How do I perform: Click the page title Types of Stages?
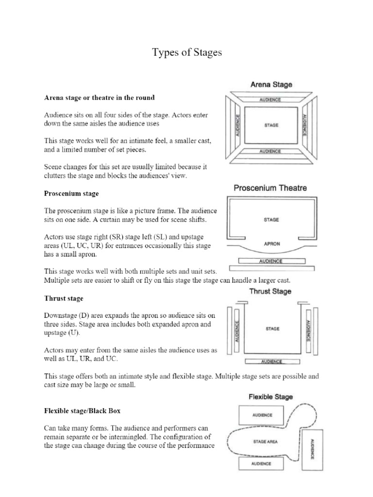186,53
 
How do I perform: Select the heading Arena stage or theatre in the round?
100,98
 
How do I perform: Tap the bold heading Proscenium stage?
71,194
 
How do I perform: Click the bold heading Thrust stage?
64,298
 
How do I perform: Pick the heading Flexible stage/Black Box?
82,411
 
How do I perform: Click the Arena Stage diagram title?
271,84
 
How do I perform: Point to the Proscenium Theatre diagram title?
271,188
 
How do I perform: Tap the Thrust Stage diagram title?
270,291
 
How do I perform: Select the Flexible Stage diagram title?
271,397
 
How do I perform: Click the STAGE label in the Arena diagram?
271,125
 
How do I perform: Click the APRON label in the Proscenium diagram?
271,244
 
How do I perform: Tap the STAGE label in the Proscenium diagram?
271,219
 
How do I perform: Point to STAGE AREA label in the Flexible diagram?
266,441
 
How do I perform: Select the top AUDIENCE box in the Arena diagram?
271,99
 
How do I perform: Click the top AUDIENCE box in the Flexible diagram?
262,415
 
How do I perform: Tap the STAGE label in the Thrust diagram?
272,329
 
